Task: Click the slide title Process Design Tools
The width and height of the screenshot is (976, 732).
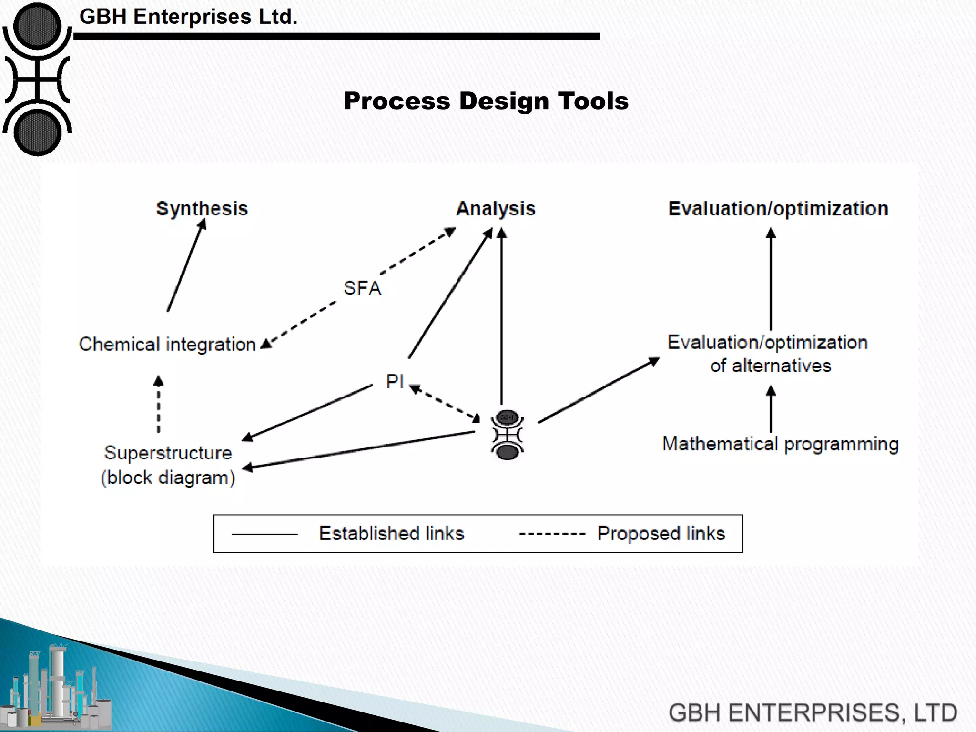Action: (486, 101)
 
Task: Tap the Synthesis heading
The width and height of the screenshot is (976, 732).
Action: (202, 209)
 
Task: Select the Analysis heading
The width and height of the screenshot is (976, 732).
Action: (496, 209)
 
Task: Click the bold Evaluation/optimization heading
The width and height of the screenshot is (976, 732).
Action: (778, 209)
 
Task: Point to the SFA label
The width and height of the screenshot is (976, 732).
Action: (362, 288)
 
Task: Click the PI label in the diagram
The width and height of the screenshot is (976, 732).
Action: (395, 381)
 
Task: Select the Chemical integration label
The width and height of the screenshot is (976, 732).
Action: (167, 344)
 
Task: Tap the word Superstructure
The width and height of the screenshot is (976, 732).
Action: (168, 453)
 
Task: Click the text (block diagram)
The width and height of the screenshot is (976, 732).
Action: (168, 478)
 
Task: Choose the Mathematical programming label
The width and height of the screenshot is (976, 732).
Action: (780, 444)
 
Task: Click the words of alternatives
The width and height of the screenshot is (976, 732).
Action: (770, 366)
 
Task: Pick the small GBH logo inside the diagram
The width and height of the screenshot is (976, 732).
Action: (507, 435)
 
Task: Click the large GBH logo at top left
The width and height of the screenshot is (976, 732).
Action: (37, 79)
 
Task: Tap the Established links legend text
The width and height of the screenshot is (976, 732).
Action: (391, 533)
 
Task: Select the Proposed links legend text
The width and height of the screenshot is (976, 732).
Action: (661, 533)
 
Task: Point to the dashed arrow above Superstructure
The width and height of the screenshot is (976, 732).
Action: (159, 405)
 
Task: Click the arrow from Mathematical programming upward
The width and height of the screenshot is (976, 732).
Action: (771, 410)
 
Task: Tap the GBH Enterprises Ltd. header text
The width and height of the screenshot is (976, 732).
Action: (188, 17)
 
